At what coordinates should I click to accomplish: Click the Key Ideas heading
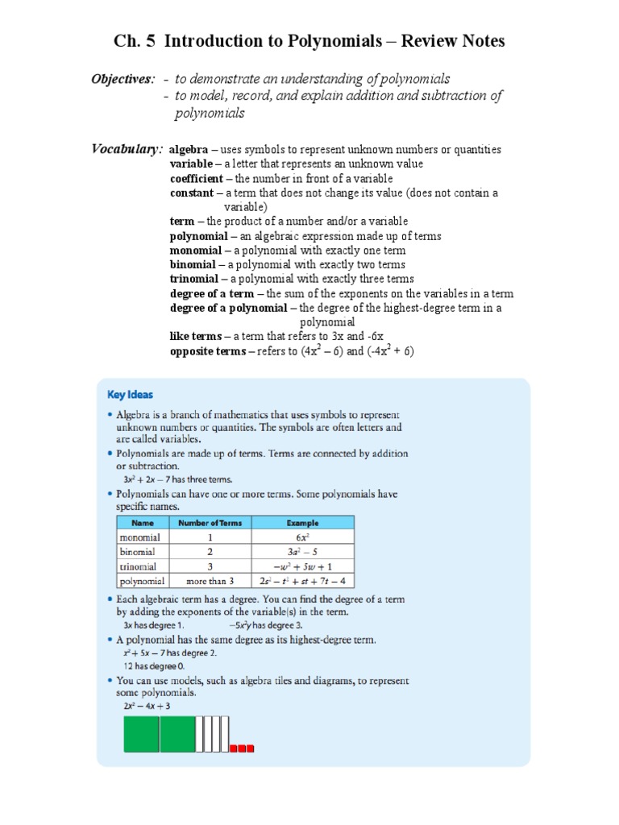(130, 395)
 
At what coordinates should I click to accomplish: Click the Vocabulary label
(127, 148)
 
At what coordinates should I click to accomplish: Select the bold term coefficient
(197, 178)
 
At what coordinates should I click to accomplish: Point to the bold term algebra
(189, 150)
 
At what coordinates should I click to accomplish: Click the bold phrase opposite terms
(207, 351)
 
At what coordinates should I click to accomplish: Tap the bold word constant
(192, 193)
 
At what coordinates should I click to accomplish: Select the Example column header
(302, 523)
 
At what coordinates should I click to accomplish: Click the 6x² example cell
(302, 537)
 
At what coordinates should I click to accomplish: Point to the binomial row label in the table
(139, 552)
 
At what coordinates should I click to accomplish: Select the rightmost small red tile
(250, 748)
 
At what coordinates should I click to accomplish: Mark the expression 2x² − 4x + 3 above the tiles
(147, 707)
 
